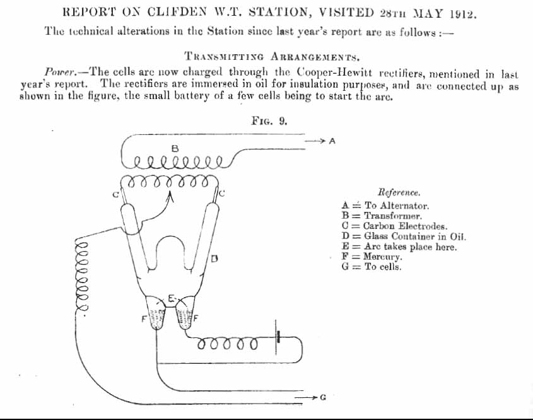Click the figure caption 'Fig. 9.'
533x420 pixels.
pos(269,120)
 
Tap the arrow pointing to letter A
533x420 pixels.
pos(315,141)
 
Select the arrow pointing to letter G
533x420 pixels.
pos(305,397)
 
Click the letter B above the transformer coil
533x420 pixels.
pos(175,148)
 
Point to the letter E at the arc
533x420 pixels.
pos(172,299)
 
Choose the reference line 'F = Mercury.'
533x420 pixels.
pos(372,256)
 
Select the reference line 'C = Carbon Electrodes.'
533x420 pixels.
pos(394,226)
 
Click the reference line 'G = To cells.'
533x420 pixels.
pos(371,266)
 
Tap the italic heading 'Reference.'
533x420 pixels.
pos(399,193)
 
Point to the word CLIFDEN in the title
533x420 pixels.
pos(177,12)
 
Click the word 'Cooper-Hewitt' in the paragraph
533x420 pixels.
pos(334,73)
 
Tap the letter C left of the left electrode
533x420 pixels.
pos(115,195)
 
